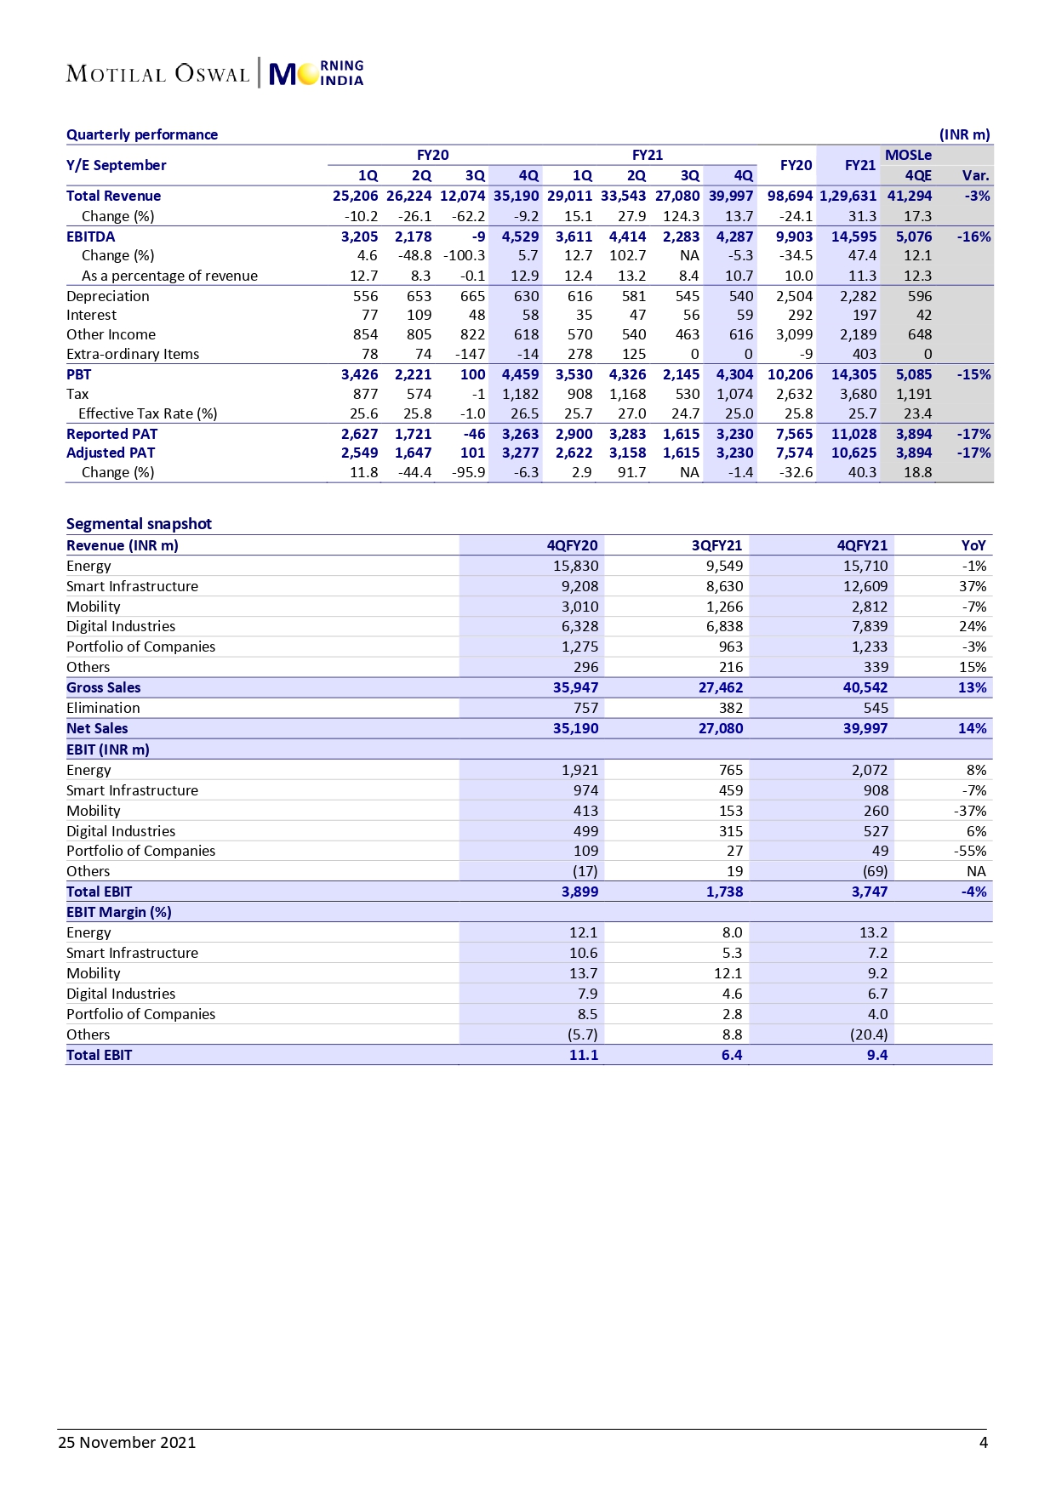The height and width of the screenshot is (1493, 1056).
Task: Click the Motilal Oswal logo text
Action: point(157,74)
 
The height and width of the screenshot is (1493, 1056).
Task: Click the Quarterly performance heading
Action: point(142,134)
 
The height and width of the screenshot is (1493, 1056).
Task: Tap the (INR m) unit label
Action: point(964,134)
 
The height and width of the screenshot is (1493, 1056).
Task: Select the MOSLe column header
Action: point(908,155)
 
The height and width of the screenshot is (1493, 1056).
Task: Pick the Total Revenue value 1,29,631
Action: point(848,196)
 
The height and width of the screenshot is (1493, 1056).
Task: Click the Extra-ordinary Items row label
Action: point(133,354)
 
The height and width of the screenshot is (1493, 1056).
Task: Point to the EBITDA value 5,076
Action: point(913,236)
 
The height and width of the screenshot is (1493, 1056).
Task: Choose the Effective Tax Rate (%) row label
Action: point(147,413)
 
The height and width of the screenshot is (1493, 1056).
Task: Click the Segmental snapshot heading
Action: point(139,524)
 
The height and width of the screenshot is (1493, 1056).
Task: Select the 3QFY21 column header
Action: point(716,545)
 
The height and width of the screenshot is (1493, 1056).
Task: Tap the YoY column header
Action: point(973,545)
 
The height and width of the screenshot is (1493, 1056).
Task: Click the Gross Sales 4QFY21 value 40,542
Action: point(865,687)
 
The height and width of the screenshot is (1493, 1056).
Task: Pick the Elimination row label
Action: point(103,708)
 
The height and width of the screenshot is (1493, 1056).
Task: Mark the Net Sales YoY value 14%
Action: point(972,728)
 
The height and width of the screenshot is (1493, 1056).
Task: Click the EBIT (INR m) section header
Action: point(108,749)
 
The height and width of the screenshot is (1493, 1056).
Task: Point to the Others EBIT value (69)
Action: point(875,871)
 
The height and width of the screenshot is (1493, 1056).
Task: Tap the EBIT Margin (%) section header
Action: point(119,912)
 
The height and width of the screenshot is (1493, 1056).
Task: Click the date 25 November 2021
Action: point(127,1442)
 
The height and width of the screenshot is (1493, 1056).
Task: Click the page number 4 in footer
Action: point(984,1442)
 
